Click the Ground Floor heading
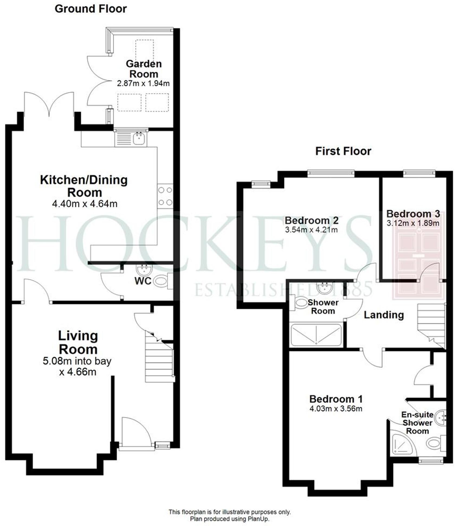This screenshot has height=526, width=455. pyautogui.click(x=91, y=9)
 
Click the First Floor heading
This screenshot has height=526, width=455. pyautogui.click(x=343, y=151)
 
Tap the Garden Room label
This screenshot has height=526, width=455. pyautogui.click(x=144, y=69)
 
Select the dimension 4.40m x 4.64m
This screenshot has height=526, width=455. pyautogui.click(x=85, y=204)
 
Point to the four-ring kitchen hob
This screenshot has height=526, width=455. pyautogui.click(x=165, y=196)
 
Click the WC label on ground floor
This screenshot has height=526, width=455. pyautogui.click(x=143, y=281)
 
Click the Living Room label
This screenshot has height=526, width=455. pyautogui.click(x=78, y=342)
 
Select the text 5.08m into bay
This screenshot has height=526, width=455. pyautogui.click(x=77, y=361)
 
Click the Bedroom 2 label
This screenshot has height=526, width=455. pyautogui.click(x=311, y=221)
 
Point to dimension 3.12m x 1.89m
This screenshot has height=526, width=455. pyautogui.click(x=413, y=223)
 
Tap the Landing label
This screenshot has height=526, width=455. pyautogui.click(x=383, y=315)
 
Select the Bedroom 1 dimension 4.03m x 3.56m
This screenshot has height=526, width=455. pyautogui.click(x=335, y=409)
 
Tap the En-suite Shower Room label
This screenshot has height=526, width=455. pyautogui.click(x=417, y=423)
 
